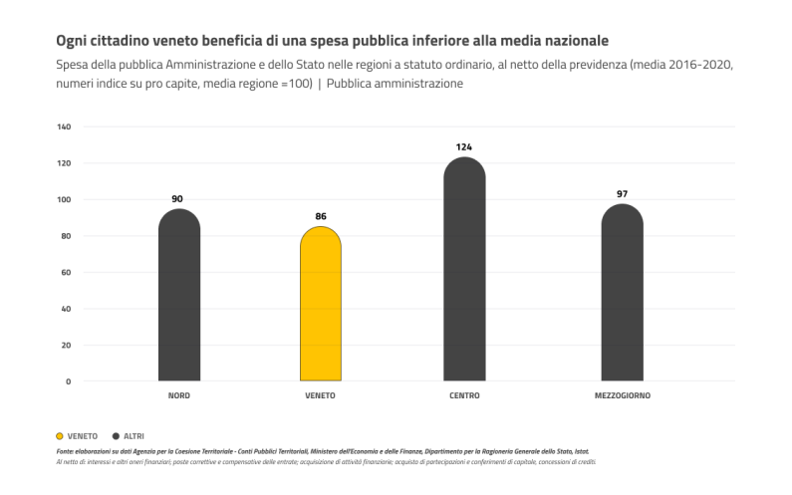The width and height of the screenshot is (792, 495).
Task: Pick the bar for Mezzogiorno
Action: coord(622,293)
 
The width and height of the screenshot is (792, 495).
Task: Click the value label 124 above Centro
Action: coord(464,147)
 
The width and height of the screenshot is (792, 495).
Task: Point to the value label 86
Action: coord(321,216)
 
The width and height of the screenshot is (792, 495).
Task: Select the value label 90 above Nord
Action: coord(178,199)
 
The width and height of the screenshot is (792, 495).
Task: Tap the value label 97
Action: coord(622,194)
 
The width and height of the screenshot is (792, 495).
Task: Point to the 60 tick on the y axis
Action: coord(66,273)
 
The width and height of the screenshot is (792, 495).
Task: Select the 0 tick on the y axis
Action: coord(69,381)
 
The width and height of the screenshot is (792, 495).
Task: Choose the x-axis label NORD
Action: coord(179,396)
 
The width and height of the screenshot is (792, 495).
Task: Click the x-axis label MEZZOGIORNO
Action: coord(622,396)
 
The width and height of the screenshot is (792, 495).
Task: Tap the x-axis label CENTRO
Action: coord(464,396)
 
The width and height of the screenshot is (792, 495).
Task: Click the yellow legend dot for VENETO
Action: coord(61,436)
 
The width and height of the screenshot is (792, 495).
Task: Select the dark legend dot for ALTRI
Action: coord(117,436)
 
